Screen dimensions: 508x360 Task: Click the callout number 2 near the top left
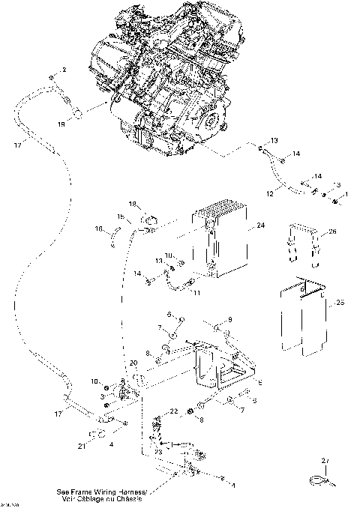[64, 69]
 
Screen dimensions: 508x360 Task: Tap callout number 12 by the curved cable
[270, 193]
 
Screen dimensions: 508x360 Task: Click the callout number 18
[132, 204]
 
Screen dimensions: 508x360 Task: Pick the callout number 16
[97, 229]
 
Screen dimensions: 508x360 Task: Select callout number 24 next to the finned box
[260, 224]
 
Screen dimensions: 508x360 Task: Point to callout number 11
[197, 292]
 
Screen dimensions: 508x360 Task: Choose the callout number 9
[229, 320]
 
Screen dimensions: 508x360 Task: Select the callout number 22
[172, 411]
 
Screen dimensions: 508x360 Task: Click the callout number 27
[325, 460]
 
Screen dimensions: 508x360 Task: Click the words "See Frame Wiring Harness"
[100, 492]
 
